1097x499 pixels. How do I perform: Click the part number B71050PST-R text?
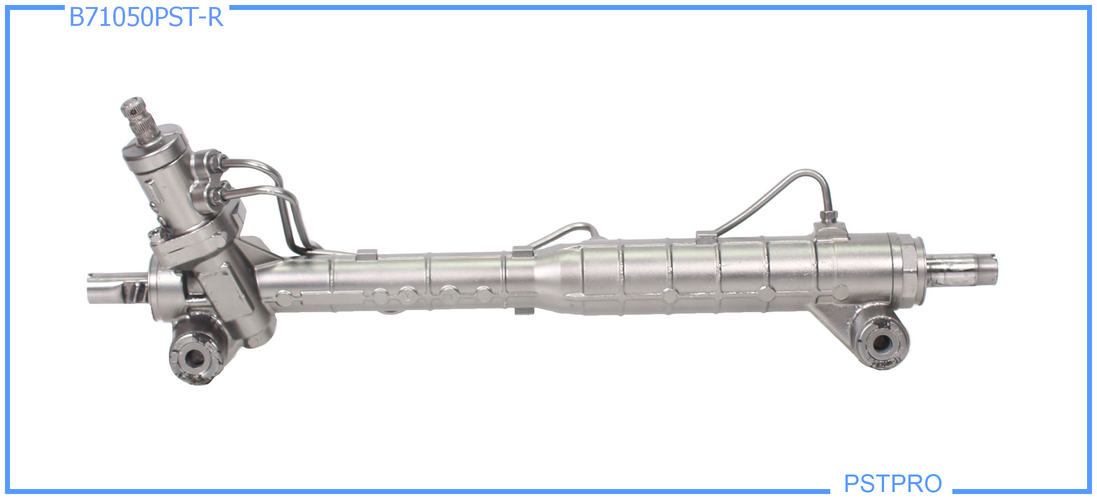pos(146,17)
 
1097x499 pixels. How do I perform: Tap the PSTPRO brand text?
pos(893,483)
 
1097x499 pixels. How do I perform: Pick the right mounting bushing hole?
pos(881,343)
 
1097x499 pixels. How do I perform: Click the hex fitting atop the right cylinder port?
pos(828,217)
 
